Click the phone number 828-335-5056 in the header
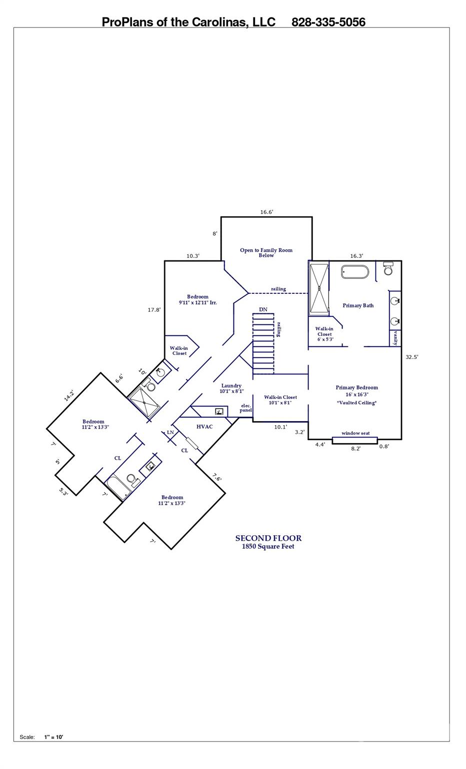328,22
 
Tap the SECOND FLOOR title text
268,538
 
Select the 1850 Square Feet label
268,547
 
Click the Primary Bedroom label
356,388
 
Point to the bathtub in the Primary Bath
355,272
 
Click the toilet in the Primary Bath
388,269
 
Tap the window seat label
355,433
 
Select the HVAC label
204,427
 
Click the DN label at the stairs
263,309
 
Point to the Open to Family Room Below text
266,253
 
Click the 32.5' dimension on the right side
411,357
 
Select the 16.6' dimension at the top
266,212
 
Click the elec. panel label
245,408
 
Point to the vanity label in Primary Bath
395,338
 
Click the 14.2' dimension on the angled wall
69,396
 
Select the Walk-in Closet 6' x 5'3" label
324,334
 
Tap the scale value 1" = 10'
53,737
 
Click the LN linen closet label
170,432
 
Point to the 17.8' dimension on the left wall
154,310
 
